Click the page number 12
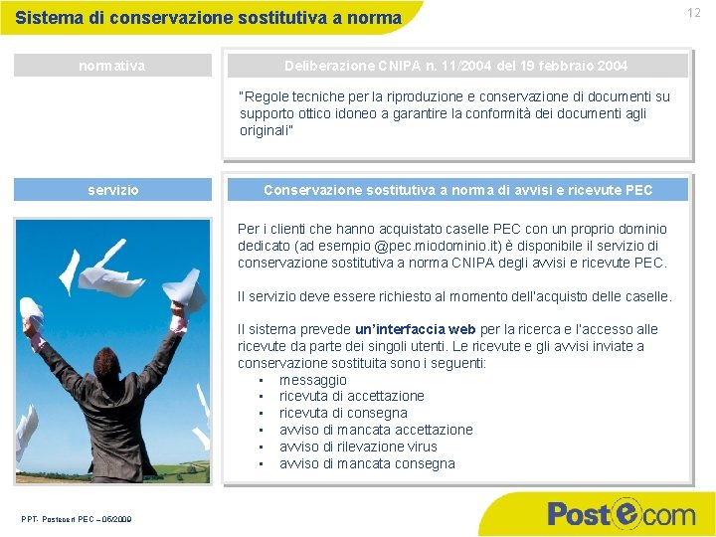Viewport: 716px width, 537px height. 693,13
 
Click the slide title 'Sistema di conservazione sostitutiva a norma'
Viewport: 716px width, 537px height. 209,18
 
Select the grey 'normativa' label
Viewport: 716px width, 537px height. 112,66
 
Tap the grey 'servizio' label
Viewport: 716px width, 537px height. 112,190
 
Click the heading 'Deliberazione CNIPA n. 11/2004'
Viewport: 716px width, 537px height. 456,66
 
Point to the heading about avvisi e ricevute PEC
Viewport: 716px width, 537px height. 457,190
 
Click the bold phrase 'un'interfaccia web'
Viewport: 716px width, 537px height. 416,329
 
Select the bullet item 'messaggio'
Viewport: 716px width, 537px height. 313,380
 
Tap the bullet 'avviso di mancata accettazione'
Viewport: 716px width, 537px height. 376,430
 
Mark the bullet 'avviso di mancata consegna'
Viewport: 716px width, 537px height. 367,463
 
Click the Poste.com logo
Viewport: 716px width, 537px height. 621,514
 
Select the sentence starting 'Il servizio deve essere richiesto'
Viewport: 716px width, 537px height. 454,296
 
